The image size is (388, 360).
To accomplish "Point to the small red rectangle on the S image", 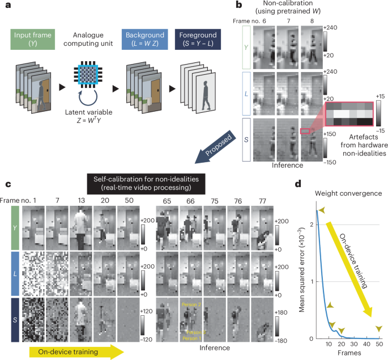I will [306, 132].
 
